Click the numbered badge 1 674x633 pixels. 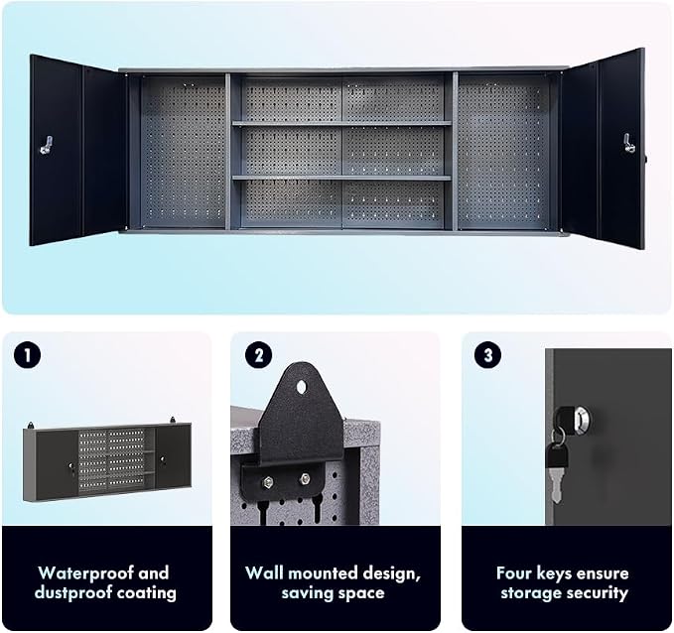point(27,355)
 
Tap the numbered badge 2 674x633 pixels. point(258,355)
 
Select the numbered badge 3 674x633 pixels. point(487,355)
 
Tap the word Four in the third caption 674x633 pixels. point(513,572)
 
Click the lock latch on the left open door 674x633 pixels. point(47,145)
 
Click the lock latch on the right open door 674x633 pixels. point(629,143)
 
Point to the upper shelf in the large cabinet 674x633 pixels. point(341,124)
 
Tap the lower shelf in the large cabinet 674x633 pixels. point(341,178)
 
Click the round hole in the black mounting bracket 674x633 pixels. point(302,387)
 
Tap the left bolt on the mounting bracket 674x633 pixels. point(268,481)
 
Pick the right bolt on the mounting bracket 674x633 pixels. point(305,478)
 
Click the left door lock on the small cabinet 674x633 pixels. point(71,466)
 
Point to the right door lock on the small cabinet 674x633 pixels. point(163,459)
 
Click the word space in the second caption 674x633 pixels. point(361,593)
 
